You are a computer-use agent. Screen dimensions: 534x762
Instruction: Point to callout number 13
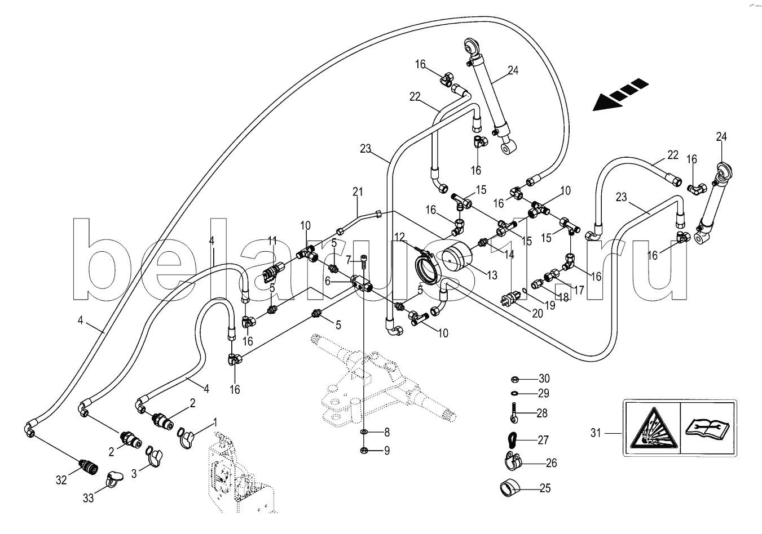[492, 275]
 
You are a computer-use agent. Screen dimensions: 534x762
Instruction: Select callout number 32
[61, 480]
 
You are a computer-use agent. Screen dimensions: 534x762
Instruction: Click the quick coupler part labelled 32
[87, 466]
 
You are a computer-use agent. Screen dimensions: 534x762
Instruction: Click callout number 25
[544, 488]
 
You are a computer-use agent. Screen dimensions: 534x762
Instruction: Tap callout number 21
[356, 192]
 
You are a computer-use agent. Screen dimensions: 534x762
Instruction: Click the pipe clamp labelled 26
[512, 462]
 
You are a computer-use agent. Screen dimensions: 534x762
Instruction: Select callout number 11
[273, 241]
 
